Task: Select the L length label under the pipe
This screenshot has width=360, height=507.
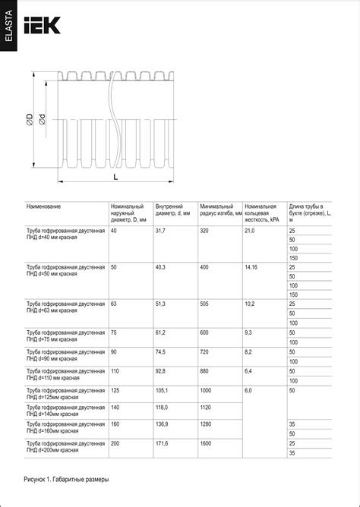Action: [x=115, y=175]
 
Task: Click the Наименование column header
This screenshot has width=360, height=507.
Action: [x=44, y=206]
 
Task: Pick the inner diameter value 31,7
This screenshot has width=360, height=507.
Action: [x=160, y=230]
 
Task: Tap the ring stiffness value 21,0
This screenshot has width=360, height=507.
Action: [x=250, y=230]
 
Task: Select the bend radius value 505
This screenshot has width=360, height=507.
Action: [x=204, y=304]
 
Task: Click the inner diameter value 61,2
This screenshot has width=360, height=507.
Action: [x=160, y=332]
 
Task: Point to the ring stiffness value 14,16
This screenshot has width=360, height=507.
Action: [x=251, y=267]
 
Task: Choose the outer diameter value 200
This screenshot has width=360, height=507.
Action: [x=115, y=442]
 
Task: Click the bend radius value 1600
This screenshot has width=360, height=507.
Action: [x=207, y=442]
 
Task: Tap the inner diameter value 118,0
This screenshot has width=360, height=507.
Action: [x=162, y=407]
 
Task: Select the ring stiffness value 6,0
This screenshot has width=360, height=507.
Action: [x=248, y=389]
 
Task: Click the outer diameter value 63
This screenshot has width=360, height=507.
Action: [x=113, y=304]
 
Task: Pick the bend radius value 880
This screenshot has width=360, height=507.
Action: [x=204, y=370]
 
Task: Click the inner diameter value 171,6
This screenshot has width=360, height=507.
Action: [x=162, y=442]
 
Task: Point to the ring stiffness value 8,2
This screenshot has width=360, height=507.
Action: [x=248, y=352]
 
